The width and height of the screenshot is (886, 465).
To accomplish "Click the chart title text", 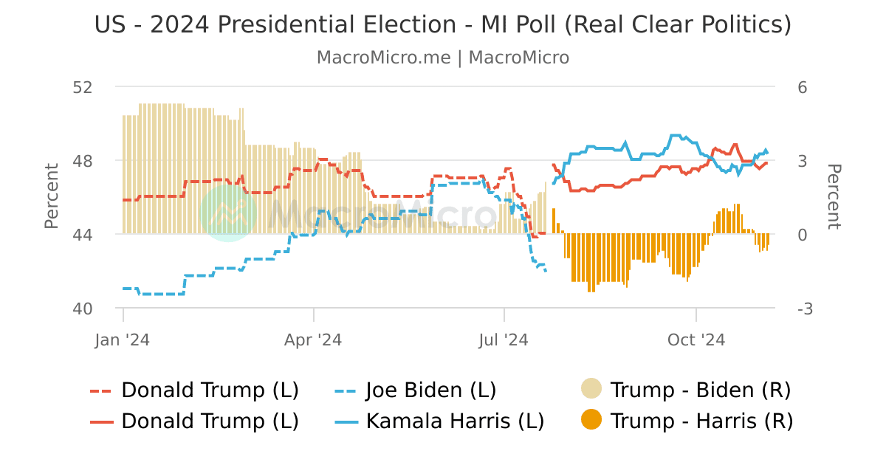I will tap(443, 25).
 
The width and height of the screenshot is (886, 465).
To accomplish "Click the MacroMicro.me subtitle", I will tap(443, 58).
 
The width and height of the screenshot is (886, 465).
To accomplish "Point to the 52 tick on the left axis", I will tap(83, 87).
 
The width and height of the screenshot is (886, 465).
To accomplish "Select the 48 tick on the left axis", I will tap(83, 161).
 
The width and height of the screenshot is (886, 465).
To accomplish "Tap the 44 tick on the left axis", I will tap(83, 235).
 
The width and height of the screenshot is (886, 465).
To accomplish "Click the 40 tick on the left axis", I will tap(83, 309).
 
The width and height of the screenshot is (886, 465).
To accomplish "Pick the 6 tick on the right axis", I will tap(803, 87).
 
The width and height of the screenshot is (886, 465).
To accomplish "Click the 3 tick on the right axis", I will tap(803, 161).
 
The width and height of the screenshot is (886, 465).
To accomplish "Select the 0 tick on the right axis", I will tap(803, 235).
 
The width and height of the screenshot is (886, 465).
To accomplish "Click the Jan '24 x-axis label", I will tap(123, 340).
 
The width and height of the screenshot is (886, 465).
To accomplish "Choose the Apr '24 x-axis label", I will tap(314, 340).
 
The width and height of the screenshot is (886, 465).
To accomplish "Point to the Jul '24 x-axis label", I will tap(504, 340).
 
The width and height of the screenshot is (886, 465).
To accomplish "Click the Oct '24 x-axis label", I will tap(696, 340).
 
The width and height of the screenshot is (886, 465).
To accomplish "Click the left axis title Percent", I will tap(52, 196).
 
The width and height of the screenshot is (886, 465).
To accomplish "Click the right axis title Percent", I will tap(834, 196).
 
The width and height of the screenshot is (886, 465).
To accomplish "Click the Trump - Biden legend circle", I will tap(591, 389).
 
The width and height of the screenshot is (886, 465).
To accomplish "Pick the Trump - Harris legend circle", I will tap(591, 421).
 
